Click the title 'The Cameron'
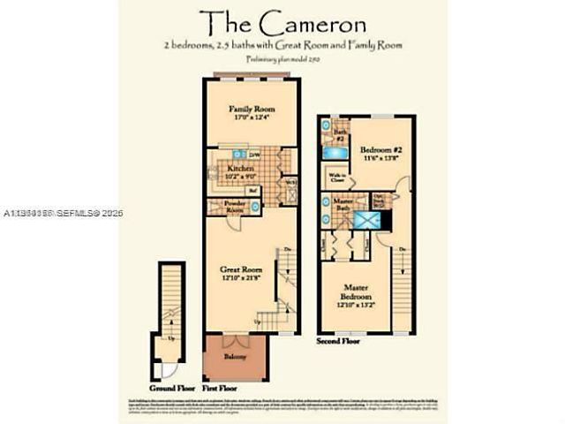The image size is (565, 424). pyautogui.click(x=282, y=21)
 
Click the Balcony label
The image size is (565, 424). pyautogui.click(x=234, y=357)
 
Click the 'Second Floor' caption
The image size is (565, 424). pyautogui.click(x=339, y=340)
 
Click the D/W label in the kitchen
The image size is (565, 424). pyautogui.click(x=254, y=156)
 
